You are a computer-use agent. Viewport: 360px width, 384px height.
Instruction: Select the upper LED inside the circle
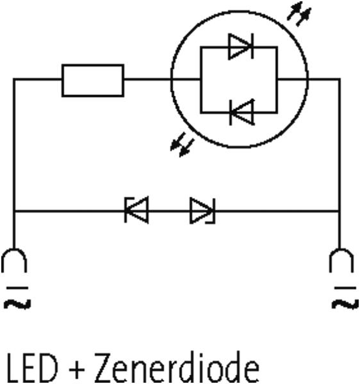coord(241,47)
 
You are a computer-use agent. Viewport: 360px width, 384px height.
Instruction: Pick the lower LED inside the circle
coord(242,113)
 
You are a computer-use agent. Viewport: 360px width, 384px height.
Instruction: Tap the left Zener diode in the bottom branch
coord(136,210)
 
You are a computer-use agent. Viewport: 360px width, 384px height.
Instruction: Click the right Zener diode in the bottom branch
coord(202,211)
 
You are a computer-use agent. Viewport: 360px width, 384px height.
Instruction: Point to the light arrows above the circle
coord(299,13)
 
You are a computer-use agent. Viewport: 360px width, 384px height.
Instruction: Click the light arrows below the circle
coord(183,145)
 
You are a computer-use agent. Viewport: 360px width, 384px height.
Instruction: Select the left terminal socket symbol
coord(14,260)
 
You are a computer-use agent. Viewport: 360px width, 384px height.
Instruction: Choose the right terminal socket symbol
coord(341,260)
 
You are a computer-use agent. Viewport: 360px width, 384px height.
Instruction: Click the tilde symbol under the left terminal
coord(17,304)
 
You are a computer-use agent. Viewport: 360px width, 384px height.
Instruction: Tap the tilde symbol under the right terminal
coord(345,304)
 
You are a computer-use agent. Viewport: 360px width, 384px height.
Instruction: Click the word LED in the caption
coord(32,368)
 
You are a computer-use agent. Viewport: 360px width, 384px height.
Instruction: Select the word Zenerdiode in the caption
coord(177,367)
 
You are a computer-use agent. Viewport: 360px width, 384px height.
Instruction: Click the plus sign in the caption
coord(76,370)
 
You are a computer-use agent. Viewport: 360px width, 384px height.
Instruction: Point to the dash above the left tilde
coord(17,288)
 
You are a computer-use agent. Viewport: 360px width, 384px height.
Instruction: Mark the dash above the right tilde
coord(345,288)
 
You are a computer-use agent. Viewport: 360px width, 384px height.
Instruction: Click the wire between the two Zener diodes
coord(169,211)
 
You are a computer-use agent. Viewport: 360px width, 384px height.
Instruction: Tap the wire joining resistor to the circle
coord(147,79)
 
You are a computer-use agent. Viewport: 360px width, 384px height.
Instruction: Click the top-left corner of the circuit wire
coord(14,79)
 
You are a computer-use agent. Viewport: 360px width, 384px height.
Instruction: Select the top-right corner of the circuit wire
coord(340,79)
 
